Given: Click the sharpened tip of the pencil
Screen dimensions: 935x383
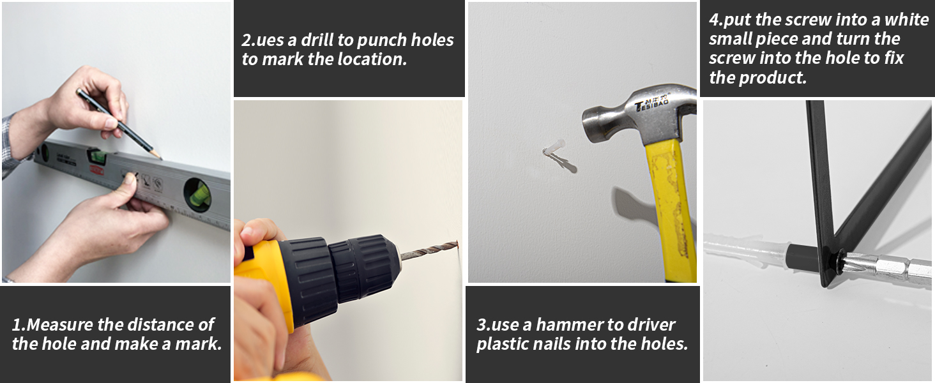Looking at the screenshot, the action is (x=160, y=158).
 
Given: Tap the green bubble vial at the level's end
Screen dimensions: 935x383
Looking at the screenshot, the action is (x=197, y=195).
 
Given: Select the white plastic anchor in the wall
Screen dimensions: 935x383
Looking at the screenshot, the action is (x=554, y=147).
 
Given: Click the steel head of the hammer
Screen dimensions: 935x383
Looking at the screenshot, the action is (x=638, y=116).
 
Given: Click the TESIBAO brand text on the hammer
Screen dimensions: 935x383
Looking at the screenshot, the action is (x=652, y=103).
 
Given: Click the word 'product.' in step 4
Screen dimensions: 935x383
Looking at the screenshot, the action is (x=773, y=78).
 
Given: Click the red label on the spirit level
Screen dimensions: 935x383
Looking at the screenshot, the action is (x=96, y=169).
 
